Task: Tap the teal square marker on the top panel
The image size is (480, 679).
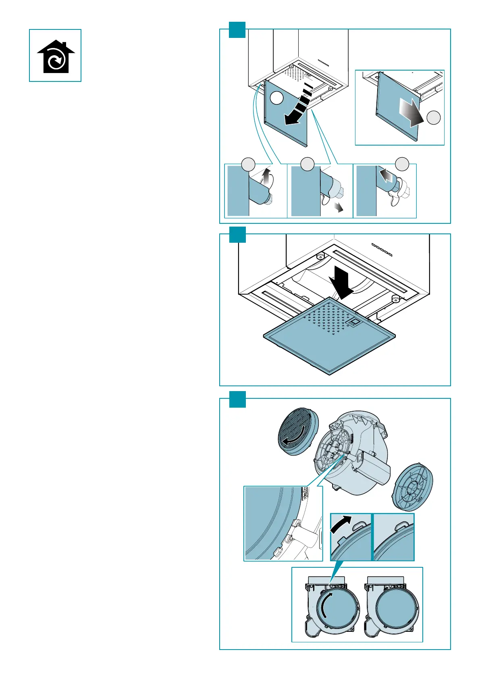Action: point(237,30)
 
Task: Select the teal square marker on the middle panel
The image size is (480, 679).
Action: point(237,234)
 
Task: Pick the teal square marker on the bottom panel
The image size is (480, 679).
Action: point(237,399)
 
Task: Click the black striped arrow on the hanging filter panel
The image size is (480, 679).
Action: point(298,107)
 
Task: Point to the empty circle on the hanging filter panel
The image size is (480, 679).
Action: point(276,98)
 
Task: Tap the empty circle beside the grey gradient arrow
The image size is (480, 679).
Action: point(434,118)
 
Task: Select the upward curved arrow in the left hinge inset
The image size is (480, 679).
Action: point(266,177)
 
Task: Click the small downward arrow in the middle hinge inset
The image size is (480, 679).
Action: point(340,207)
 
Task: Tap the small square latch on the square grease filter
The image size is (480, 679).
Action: point(354,322)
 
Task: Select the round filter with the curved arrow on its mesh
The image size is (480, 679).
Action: point(298,433)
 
